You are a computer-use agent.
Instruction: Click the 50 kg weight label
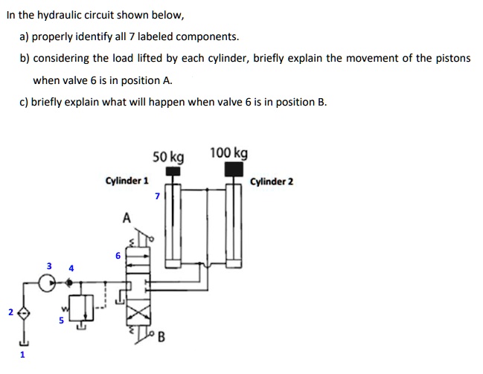168,157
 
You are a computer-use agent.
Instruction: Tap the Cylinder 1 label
127,180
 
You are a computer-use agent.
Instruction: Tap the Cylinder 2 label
272,181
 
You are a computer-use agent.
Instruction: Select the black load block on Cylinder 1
173,171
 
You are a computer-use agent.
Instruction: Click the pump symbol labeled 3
49,283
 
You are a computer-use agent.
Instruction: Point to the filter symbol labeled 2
24,314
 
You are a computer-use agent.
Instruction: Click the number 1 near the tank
22,355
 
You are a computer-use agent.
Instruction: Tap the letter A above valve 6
126,218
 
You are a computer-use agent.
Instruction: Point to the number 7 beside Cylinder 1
156,196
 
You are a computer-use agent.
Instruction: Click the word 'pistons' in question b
453,58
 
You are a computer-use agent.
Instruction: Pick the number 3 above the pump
49,265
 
